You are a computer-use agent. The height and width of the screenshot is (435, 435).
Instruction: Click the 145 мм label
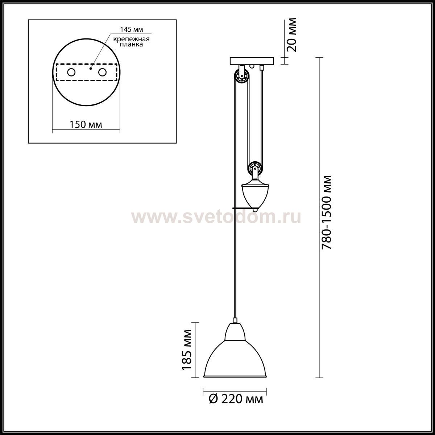click(131, 29)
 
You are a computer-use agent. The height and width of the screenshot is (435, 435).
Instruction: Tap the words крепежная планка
click(131, 42)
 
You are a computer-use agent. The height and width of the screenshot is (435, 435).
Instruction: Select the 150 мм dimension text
click(86, 124)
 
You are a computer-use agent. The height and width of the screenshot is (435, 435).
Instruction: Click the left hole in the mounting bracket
click(71, 72)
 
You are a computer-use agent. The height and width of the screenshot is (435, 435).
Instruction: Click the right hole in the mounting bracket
click(102, 72)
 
